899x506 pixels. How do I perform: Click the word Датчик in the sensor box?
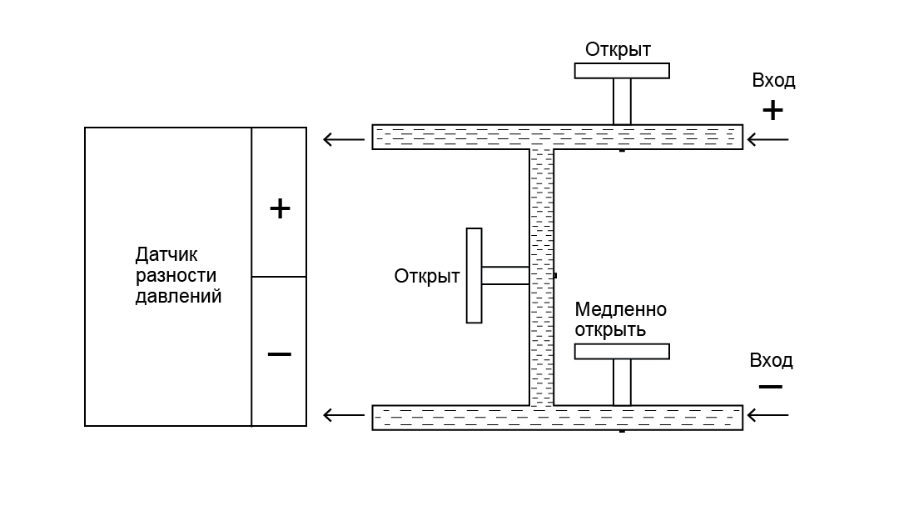(166, 254)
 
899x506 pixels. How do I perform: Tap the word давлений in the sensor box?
(178, 297)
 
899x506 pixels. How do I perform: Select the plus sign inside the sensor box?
(280, 208)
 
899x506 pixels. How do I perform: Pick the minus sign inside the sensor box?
(279, 353)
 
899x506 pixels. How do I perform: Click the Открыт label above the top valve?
(618, 49)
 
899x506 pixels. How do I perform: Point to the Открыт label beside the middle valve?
(426, 276)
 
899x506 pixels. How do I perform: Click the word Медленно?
(620, 309)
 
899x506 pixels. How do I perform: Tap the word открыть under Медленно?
(610, 330)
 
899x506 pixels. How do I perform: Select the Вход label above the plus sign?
(773, 80)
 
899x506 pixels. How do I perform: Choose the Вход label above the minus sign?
(771, 361)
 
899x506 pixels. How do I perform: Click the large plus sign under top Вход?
(772, 110)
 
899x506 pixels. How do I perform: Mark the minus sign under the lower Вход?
(771, 387)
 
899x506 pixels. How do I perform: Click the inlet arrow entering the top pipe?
(767, 139)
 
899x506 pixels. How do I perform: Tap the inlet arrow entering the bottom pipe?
(767, 414)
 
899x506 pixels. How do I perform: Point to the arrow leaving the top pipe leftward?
(344, 139)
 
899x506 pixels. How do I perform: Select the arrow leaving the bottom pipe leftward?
(344, 414)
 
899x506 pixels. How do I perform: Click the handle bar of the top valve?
(622, 71)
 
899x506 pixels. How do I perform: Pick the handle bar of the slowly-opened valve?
(622, 352)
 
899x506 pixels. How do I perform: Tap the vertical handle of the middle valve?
(474, 276)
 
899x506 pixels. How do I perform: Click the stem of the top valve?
(622, 102)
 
